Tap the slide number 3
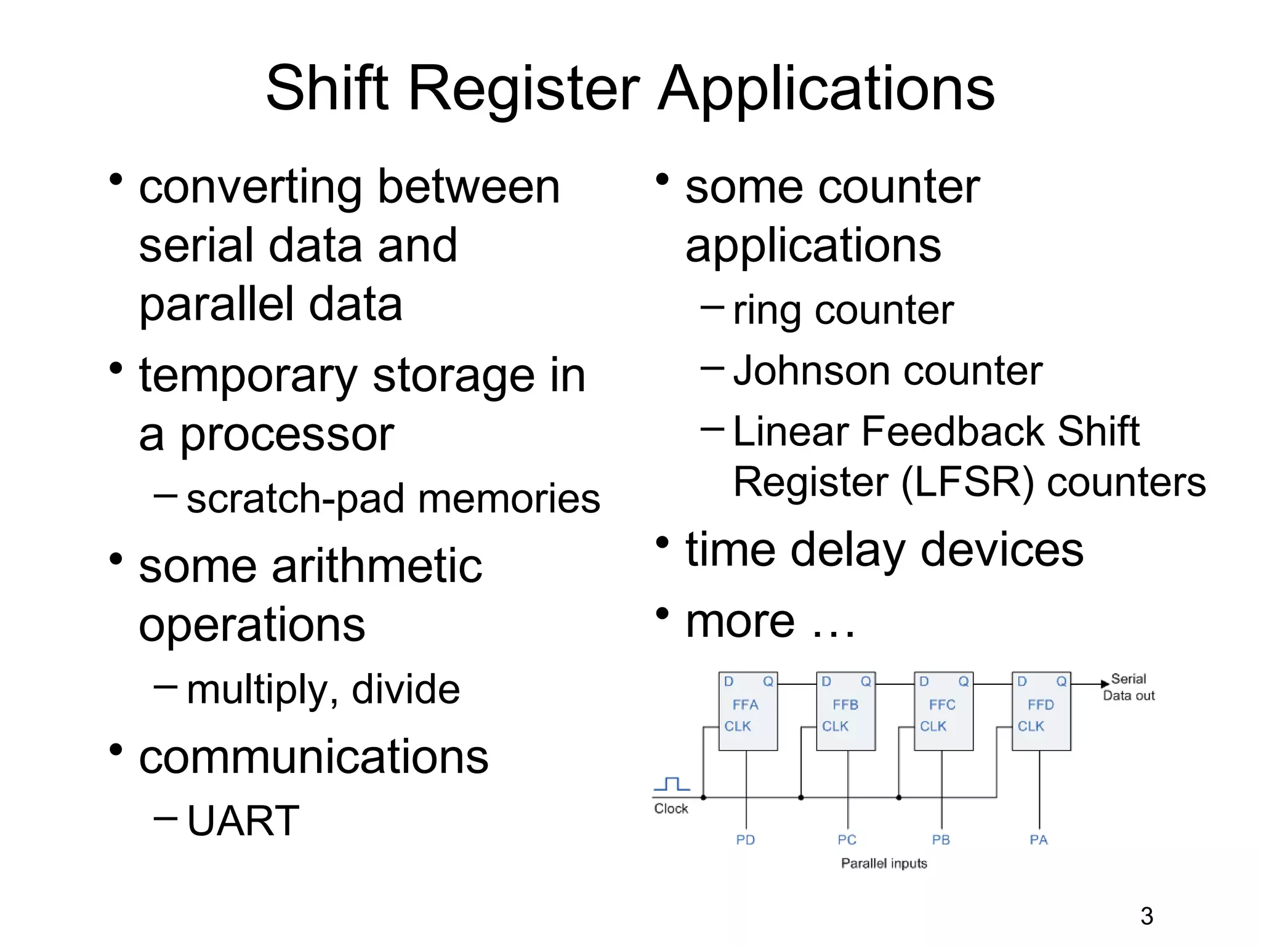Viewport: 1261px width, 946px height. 1146,916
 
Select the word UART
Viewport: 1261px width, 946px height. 243,821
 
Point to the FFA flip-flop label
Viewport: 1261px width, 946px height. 745,705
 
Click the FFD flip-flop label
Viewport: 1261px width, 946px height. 1041,705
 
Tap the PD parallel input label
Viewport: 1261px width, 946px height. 745,840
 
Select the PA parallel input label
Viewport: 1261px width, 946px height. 1039,840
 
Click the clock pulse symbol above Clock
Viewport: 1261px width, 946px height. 672,784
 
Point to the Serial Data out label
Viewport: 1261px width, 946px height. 1129,687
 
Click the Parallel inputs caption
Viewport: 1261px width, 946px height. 884,863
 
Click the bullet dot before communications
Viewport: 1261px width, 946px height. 116,750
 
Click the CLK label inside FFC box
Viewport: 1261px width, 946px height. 933,727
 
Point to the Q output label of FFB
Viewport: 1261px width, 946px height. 866,681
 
